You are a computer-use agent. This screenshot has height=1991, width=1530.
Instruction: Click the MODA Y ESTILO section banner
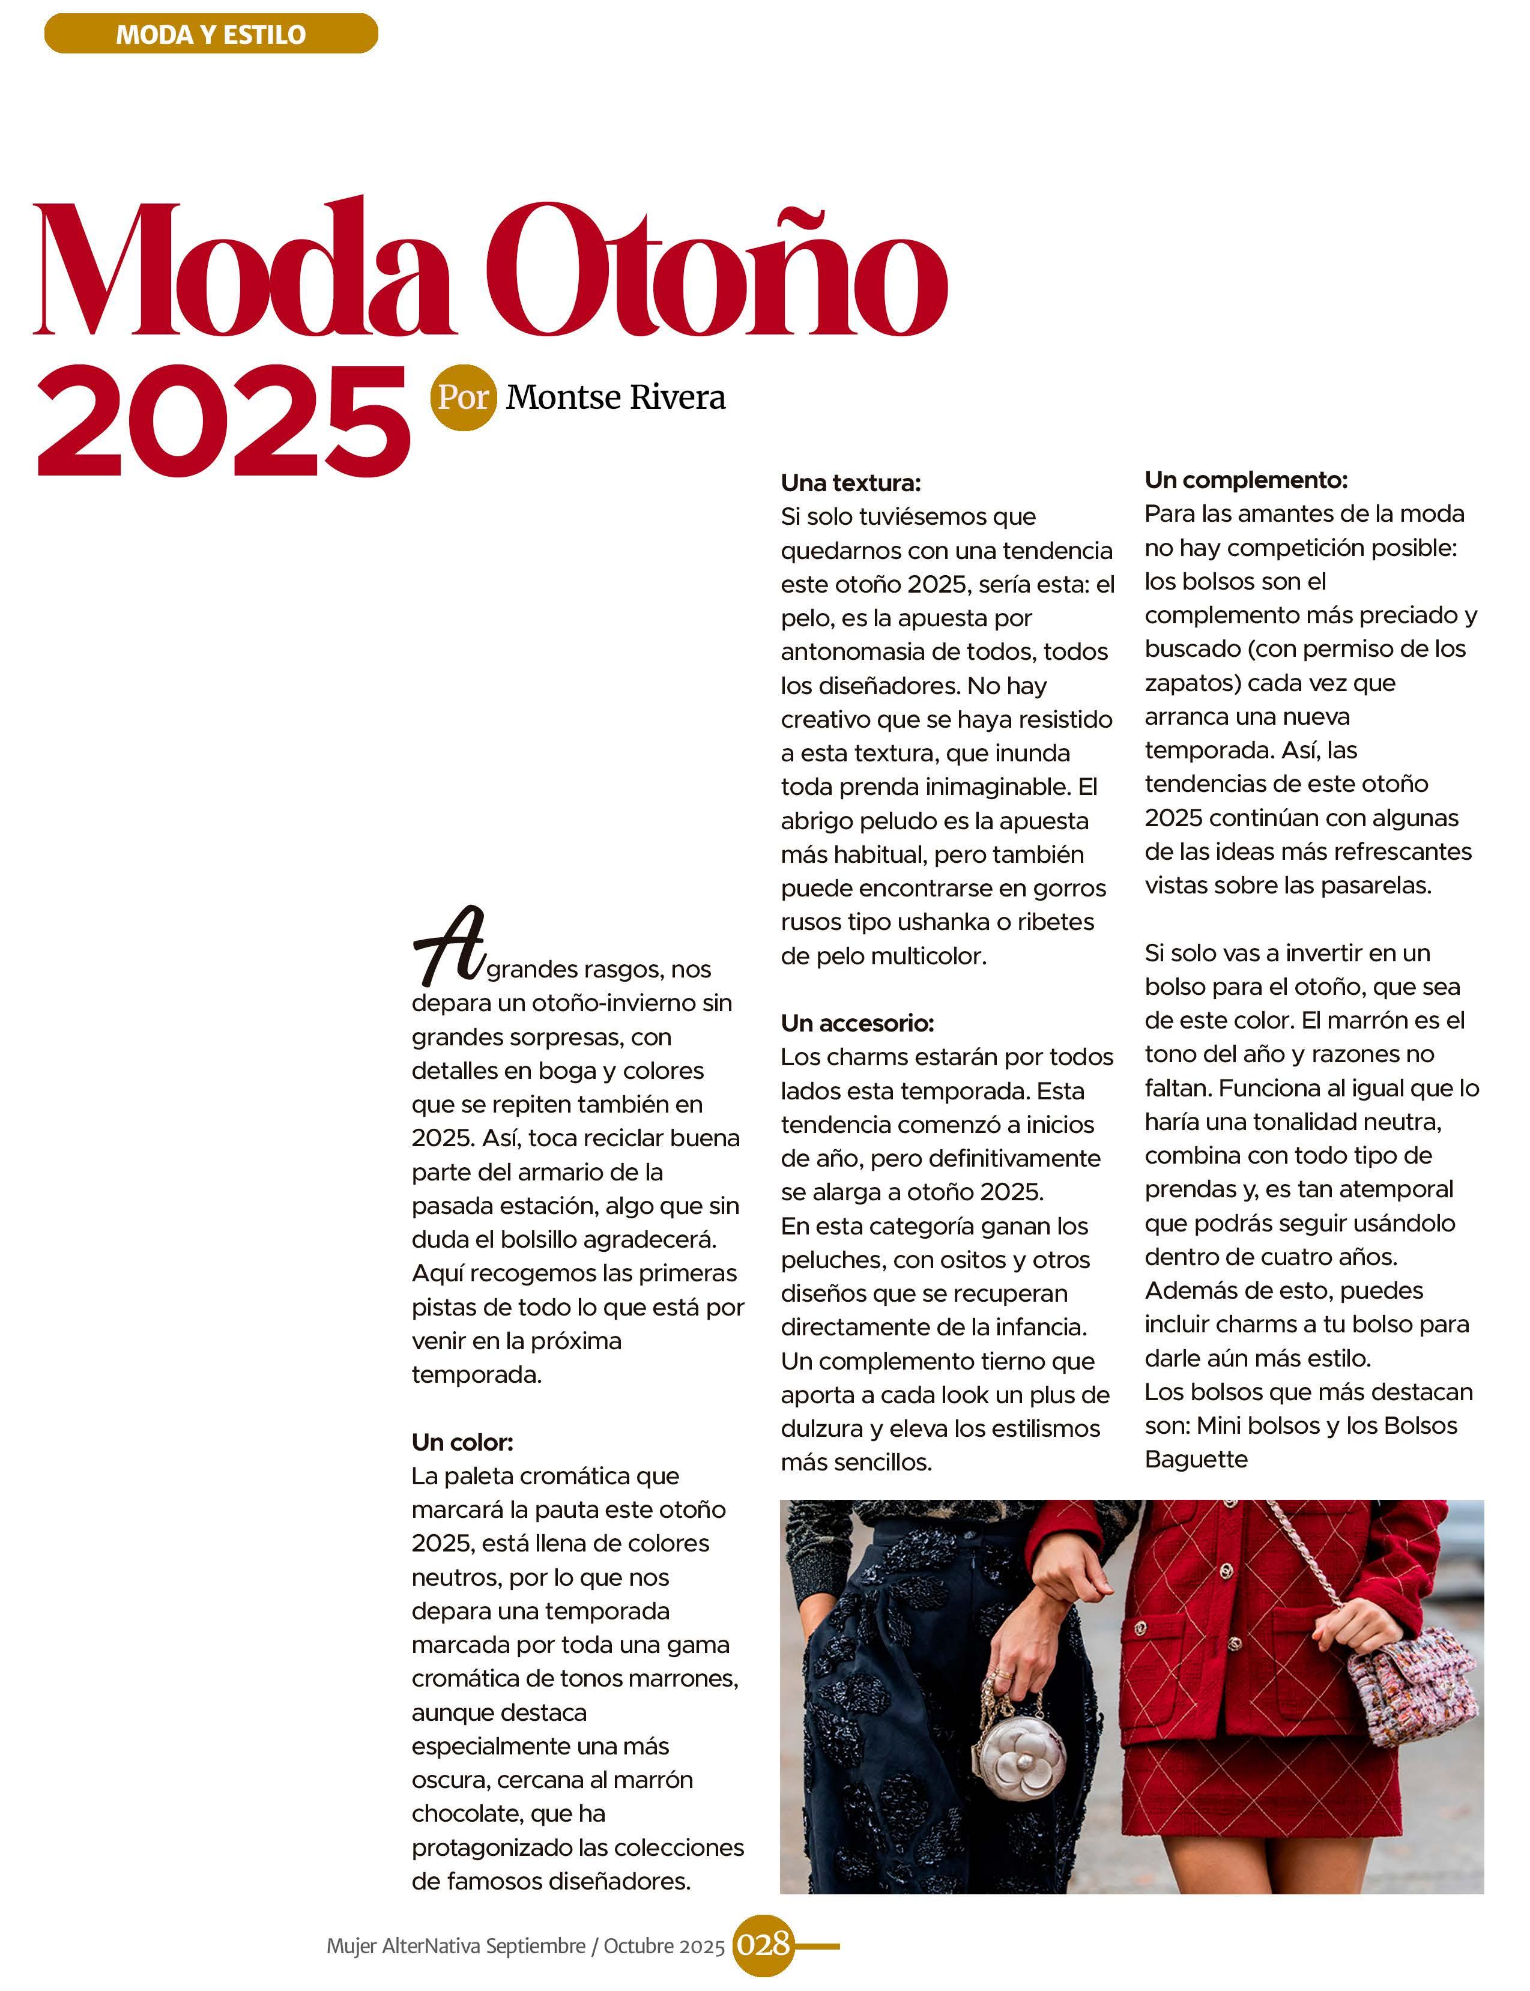(x=210, y=35)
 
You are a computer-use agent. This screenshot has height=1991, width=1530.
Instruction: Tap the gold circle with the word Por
(x=464, y=398)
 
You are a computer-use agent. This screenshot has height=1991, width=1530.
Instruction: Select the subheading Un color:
(x=462, y=1442)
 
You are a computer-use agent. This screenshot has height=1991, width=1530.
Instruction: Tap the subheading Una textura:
(x=851, y=483)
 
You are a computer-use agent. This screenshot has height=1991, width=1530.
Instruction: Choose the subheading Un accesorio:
(x=857, y=1023)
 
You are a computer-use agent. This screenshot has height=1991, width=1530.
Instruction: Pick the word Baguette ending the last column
(x=1196, y=1460)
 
